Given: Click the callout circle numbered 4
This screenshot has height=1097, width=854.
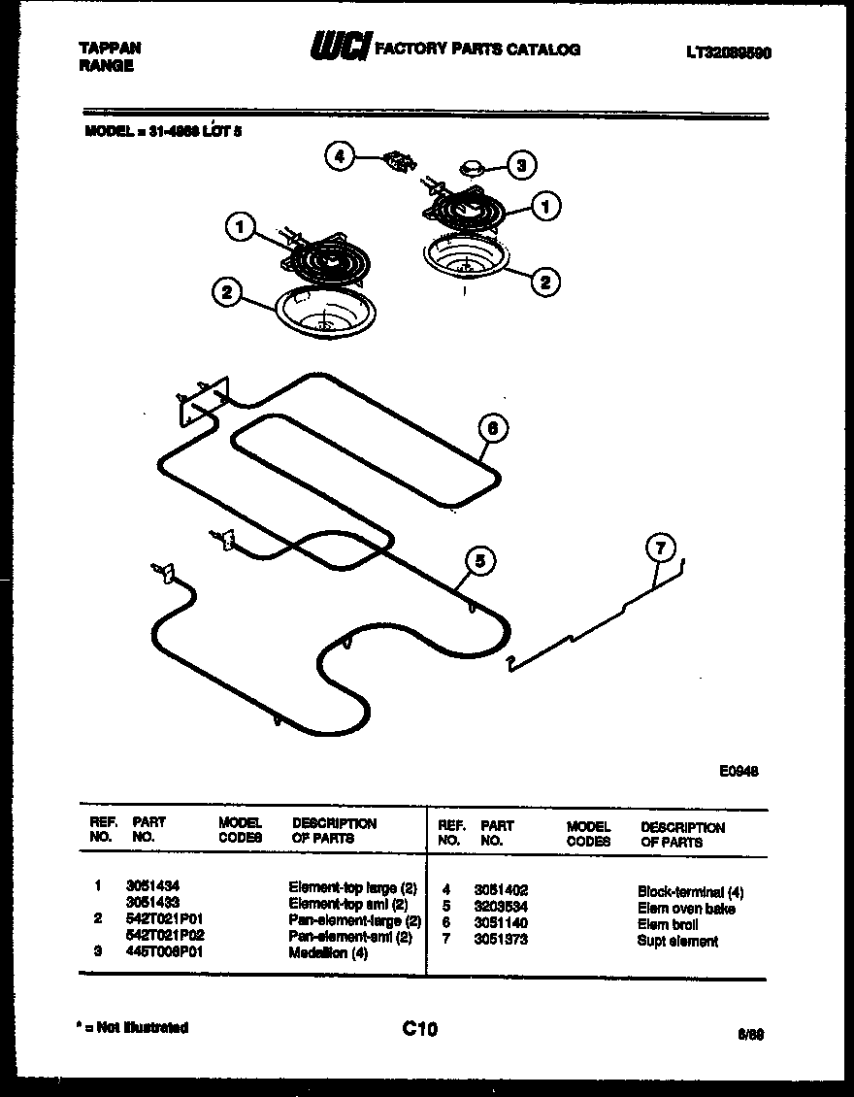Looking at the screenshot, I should [339, 155].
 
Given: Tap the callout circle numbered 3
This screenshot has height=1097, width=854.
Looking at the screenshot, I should [521, 166].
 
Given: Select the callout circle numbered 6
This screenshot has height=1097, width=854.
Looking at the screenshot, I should [493, 428].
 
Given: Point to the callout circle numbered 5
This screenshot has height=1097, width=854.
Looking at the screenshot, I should [478, 560].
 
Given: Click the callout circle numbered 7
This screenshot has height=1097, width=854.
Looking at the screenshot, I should [660, 548].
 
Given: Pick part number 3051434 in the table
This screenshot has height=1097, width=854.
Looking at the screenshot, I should [153, 886].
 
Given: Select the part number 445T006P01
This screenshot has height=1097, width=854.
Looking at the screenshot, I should [165, 952].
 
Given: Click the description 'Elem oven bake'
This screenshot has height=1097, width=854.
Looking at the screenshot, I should [686, 909].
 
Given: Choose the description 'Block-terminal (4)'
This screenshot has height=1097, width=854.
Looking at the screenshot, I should [690, 891].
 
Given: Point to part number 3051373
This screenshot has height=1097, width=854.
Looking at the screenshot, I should [501, 940].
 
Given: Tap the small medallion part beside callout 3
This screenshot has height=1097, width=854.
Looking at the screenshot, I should [473, 169].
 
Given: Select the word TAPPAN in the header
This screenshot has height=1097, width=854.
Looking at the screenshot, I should [109, 47].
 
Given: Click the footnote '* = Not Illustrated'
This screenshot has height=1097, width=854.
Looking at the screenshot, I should [132, 1027].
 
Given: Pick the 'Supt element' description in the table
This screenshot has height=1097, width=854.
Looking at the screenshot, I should [677, 941].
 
